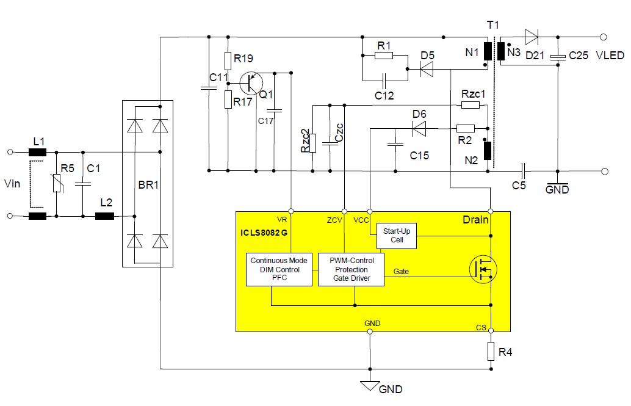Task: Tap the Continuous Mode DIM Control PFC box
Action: (279, 269)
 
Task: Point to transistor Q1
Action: (250, 81)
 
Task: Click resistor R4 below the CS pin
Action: (491, 352)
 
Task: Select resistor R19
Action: (228, 60)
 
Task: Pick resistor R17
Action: (228, 99)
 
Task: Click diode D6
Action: (419, 128)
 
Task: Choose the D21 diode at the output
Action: (531, 37)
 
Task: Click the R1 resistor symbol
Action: (384, 56)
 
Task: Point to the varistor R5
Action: (56, 183)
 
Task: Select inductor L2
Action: (104, 216)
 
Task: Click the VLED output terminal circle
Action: (604, 37)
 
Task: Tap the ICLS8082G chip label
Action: (263, 232)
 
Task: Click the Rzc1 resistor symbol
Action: (470, 105)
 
